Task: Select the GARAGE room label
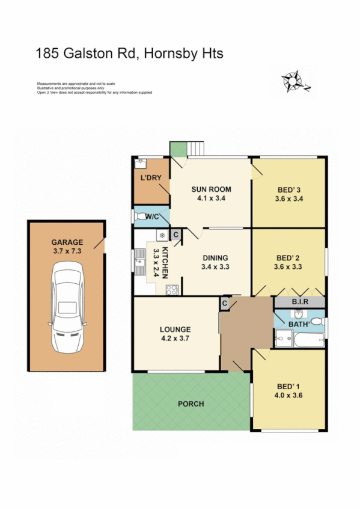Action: click(67, 243)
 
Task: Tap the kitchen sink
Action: click(139, 263)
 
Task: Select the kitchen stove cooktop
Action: click(171, 289)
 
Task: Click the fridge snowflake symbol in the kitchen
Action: click(162, 235)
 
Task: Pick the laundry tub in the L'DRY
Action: click(140, 162)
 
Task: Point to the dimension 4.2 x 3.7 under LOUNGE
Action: click(175, 339)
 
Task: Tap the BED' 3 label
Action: click(288, 189)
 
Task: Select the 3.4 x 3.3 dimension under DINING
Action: click(216, 266)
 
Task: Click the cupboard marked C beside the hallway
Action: click(224, 303)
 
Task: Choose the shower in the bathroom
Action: click(281, 342)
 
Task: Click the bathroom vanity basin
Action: click(299, 315)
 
